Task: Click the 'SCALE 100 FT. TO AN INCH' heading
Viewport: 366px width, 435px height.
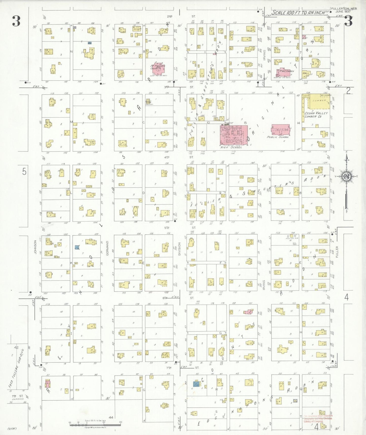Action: (x=298, y=13)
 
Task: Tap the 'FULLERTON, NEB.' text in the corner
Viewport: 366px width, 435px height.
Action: (x=344, y=9)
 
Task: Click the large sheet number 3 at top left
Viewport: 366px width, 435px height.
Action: (x=16, y=21)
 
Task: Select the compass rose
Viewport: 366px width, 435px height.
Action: (x=346, y=177)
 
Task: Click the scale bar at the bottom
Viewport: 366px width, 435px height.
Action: (x=95, y=424)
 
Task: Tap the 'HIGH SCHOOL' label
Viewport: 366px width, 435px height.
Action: (x=231, y=147)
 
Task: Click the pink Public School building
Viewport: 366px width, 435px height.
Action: (x=281, y=130)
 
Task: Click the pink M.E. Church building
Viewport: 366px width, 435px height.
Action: (x=284, y=72)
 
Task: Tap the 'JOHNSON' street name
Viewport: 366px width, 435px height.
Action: (x=35, y=247)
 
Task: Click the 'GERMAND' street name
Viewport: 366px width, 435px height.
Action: (x=107, y=248)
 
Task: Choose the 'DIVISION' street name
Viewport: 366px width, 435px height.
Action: (x=179, y=249)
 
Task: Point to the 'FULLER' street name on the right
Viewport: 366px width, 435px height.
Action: (x=337, y=252)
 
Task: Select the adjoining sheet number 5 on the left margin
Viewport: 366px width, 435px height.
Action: (x=24, y=172)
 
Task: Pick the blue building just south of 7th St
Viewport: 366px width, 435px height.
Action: (x=196, y=384)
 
